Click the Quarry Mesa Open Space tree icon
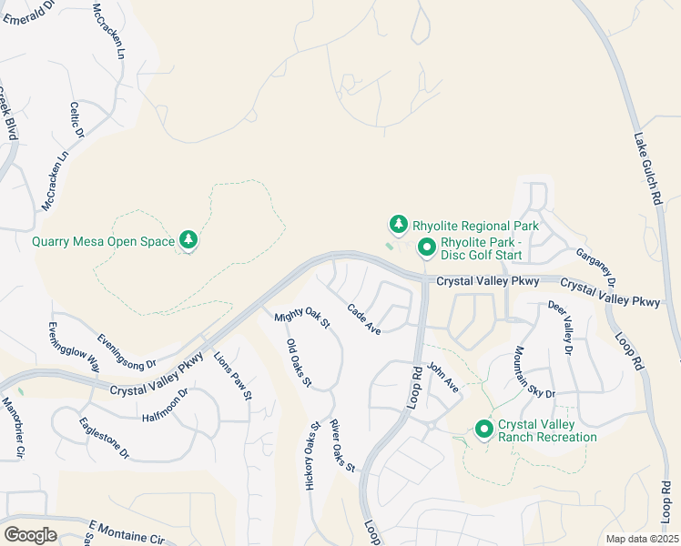click(x=188, y=240)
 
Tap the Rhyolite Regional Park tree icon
click(x=398, y=224)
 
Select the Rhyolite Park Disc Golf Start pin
click(x=425, y=248)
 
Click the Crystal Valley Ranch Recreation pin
click(x=483, y=429)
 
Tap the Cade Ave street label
click(x=364, y=318)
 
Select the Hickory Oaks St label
click(x=310, y=456)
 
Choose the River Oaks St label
click(x=342, y=446)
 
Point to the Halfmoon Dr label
click(x=165, y=405)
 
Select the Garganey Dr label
click(x=597, y=267)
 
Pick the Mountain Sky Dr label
click(x=534, y=372)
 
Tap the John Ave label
click(x=443, y=378)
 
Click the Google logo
click(x=30, y=535)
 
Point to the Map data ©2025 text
click(x=642, y=539)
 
